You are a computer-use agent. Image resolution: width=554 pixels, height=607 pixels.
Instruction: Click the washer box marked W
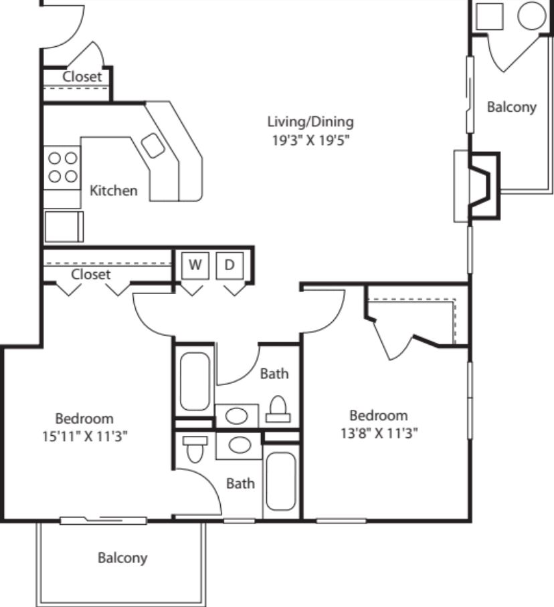[195, 265]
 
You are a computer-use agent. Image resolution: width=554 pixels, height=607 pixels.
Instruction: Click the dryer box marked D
[229, 265]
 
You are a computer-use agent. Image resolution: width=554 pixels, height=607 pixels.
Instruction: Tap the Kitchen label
[114, 191]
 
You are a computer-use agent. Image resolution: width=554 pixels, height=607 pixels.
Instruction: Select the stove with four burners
[62, 168]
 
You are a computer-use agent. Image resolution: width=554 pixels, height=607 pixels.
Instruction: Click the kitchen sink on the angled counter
[153, 145]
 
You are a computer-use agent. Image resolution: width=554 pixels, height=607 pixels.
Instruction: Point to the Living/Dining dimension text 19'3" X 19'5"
[310, 140]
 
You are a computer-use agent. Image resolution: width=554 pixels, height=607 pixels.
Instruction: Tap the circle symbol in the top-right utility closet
[532, 15]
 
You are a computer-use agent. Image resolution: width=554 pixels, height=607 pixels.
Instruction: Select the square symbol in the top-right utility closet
[489, 16]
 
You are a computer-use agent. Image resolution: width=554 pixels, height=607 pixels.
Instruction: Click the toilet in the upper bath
[278, 410]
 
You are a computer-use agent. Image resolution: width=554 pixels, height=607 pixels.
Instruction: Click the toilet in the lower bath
[195, 449]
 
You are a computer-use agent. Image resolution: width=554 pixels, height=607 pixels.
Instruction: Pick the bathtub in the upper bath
[195, 381]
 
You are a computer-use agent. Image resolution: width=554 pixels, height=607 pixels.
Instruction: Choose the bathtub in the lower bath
[281, 481]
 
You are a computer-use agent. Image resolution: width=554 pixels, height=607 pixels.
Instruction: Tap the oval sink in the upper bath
[236, 416]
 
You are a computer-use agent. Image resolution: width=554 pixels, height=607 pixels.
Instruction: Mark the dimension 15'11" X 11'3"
[85, 437]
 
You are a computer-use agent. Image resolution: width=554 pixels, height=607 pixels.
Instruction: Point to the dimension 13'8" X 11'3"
[379, 433]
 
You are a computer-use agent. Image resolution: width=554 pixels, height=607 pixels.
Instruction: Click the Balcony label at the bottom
[122, 558]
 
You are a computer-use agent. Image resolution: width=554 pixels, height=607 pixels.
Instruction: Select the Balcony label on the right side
[512, 107]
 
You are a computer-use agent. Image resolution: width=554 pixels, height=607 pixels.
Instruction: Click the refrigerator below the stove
[64, 227]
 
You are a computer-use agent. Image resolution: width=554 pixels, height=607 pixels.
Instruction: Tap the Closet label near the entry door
[82, 77]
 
